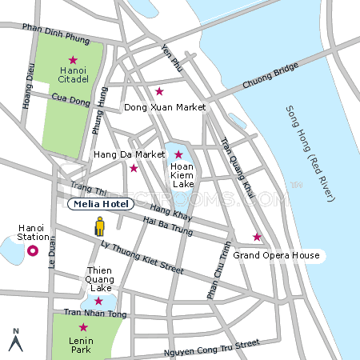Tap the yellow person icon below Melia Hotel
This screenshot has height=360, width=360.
pyautogui.click(x=99, y=226)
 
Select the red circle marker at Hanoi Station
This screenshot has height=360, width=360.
pyautogui.click(x=33, y=250)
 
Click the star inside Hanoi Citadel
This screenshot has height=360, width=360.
pyautogui.click(x=73, y=60)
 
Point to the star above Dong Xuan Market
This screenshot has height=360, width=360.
pyautogui.click(x=159, y=90)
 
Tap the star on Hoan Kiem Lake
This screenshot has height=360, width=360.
pyautogui.click(x=178, y=154)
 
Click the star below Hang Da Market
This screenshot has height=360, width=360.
pyautogui.click(x=134, y=168)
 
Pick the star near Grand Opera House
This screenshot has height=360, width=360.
pyautogui.click(x=257, y=237)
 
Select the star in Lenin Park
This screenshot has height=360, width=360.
pyautogui.click(x=82, y=327)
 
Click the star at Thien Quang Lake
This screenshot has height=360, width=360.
pyautogui.click(x=98, y=301)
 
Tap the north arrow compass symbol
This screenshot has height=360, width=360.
pyautogui.click(x=14, y=340)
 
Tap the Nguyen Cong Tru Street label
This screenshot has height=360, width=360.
pyautogui.click(x=211, y=347)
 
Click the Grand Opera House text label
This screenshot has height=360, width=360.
pyautogui.click(x=276, y=256)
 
